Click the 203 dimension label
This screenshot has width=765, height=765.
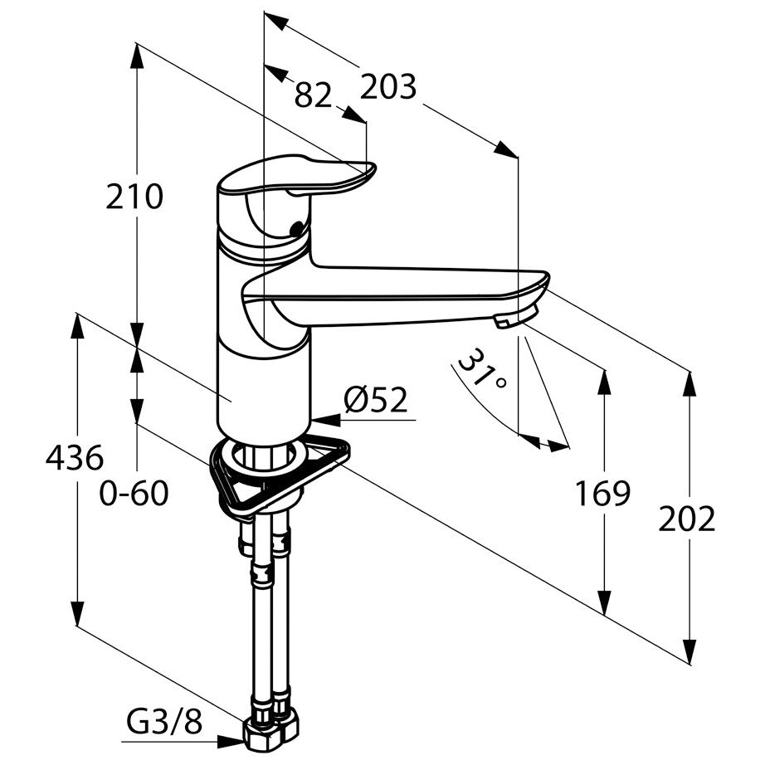click(x=387, y=87)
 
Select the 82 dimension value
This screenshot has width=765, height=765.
click(x=314, y=95)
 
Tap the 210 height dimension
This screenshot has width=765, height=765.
click(x=134, y=197)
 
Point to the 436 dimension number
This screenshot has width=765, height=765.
click(x=75, y=458)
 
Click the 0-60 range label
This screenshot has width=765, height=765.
click(x=134, y=493)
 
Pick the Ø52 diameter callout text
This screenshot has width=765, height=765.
click(x=375, y=400)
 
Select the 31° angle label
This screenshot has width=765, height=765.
click(x=481, y=369)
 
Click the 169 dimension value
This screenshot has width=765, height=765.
click(x=603, y=493)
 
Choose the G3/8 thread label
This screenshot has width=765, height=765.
click(x=164, y=722)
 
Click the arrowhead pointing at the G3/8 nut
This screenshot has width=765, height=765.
click(x=231, y=742)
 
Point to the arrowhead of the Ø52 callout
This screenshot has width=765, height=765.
click(x=324, y=419)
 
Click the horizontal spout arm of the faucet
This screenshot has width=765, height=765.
click(x=395, y=295)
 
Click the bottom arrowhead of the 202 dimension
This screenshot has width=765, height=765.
click(x=689, y=652)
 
